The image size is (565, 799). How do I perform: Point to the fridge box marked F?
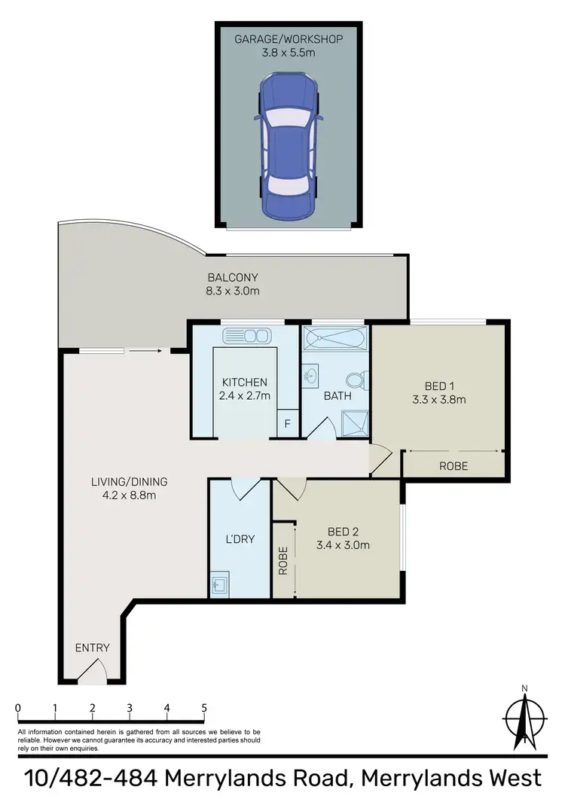tap(287, 424)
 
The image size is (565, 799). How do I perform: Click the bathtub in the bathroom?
tap(335, 339)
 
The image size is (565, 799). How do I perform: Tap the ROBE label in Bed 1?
tap(454, 466)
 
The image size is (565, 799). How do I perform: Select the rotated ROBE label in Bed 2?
tap(283, 561)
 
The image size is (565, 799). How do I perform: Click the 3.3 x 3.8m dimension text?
tap(440, 399)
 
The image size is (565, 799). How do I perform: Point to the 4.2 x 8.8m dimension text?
tap(129, 495)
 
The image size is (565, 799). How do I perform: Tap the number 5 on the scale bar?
tap(204, 708)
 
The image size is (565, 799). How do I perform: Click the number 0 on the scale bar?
tap(17, 708)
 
